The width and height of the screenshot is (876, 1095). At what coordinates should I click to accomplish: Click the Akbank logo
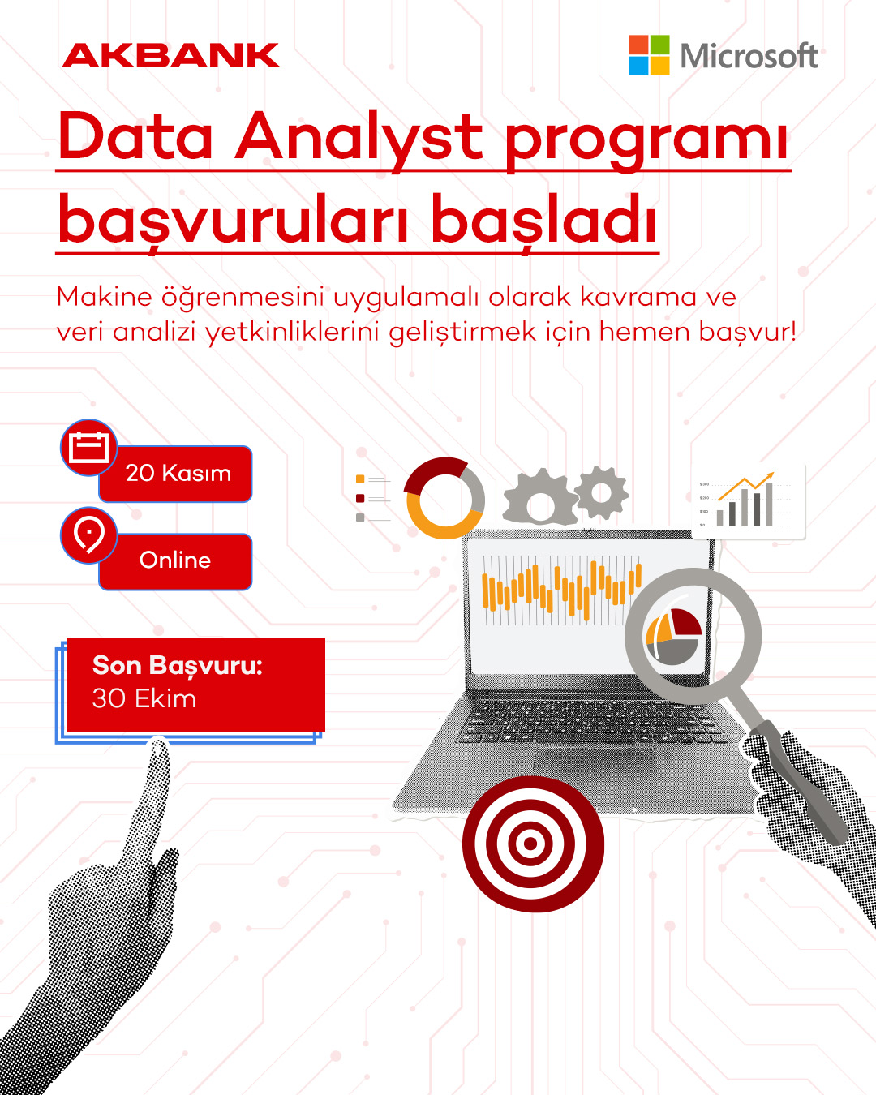(170, 55)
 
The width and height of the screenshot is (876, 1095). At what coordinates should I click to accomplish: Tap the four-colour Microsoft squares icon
(649, 55)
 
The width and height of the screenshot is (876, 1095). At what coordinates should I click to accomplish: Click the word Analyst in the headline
(359, 137)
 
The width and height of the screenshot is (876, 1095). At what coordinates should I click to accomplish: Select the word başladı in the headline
(544, 221)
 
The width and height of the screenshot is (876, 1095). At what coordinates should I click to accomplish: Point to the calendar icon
(88, 447)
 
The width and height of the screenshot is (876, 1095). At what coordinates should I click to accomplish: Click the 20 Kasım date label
(178, 473)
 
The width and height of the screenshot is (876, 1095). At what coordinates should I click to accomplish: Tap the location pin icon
(88, 535)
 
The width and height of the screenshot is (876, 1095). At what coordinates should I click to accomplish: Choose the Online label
(175, 560)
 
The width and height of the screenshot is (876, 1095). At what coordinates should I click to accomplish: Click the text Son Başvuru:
(177, 666)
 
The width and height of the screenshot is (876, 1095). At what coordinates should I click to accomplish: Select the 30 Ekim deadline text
(144, 698)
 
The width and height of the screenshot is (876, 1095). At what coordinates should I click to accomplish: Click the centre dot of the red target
(530, 843)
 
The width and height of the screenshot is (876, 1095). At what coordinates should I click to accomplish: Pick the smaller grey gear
(602, 492)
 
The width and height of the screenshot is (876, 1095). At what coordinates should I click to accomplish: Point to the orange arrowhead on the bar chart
(769, 476)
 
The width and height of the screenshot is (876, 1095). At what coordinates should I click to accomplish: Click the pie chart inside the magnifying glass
(673, 637)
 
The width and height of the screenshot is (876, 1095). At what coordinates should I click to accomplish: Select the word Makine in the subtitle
(105, 297)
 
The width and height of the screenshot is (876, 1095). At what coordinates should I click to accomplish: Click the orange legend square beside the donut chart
(360, 479)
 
